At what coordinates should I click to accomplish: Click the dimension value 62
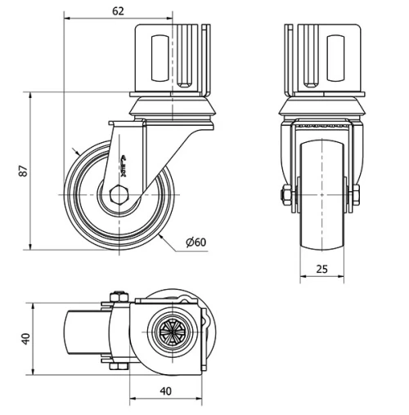click(118, 11)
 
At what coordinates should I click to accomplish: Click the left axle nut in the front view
click(286, 194)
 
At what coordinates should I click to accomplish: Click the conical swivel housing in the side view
click(172, 106)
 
